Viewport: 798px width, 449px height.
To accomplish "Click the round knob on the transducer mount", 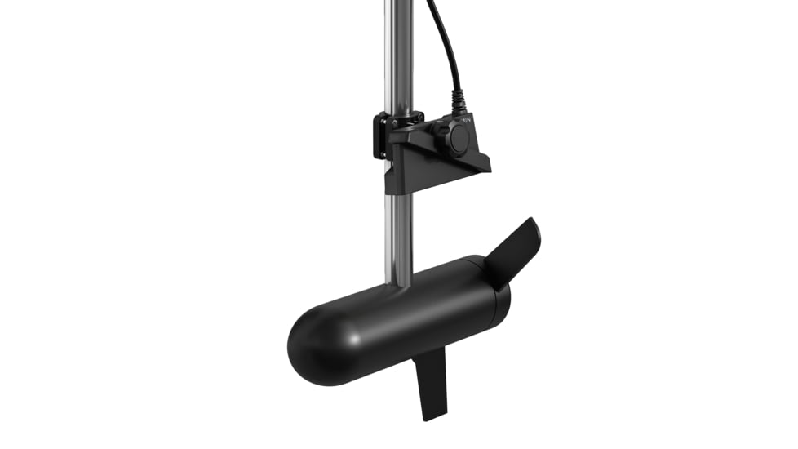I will pyautogui.click(x=454, y=139).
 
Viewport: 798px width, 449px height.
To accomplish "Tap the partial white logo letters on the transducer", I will pyautogui.click(x=466, y=121).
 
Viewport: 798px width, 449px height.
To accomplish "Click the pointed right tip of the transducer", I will pyautogui.click(x=489, y=168).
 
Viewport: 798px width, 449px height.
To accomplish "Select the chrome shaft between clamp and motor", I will pyautogui.click(x=398, y=237).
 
